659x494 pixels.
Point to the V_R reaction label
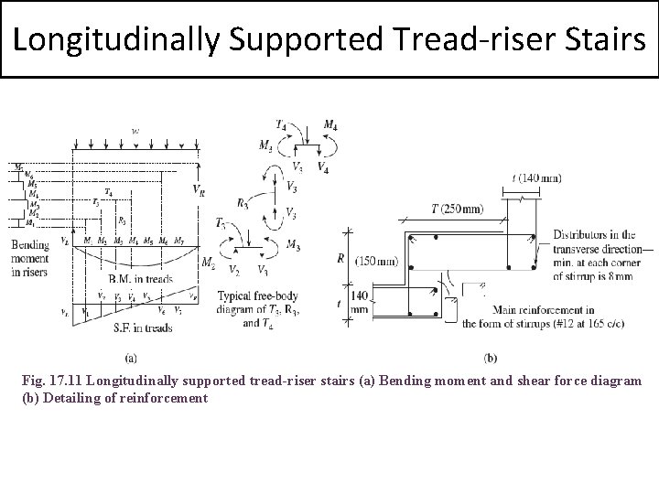click(x=200, y=189)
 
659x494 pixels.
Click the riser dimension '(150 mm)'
click(x=375, y=260)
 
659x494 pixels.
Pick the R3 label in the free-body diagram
click(x=243, y=204)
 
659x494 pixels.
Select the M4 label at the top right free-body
click(x=329, y=124)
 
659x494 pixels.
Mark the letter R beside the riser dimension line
click(x=340, y=259)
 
